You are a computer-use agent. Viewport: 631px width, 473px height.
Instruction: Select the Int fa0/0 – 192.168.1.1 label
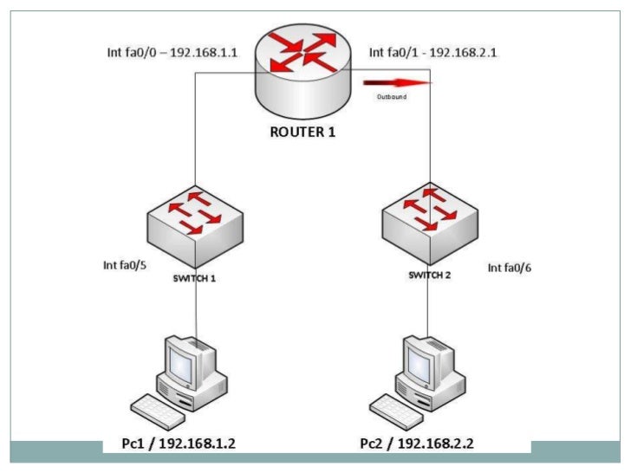coord(173,53)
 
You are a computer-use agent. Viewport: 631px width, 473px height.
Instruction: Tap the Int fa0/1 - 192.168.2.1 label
coord(433,53)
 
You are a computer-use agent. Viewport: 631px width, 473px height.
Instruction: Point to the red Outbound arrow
coord(398,84)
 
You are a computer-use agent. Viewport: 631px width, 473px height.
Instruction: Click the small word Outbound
coord(391,97)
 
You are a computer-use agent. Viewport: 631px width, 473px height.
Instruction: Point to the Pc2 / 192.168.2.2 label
coord(419,444)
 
